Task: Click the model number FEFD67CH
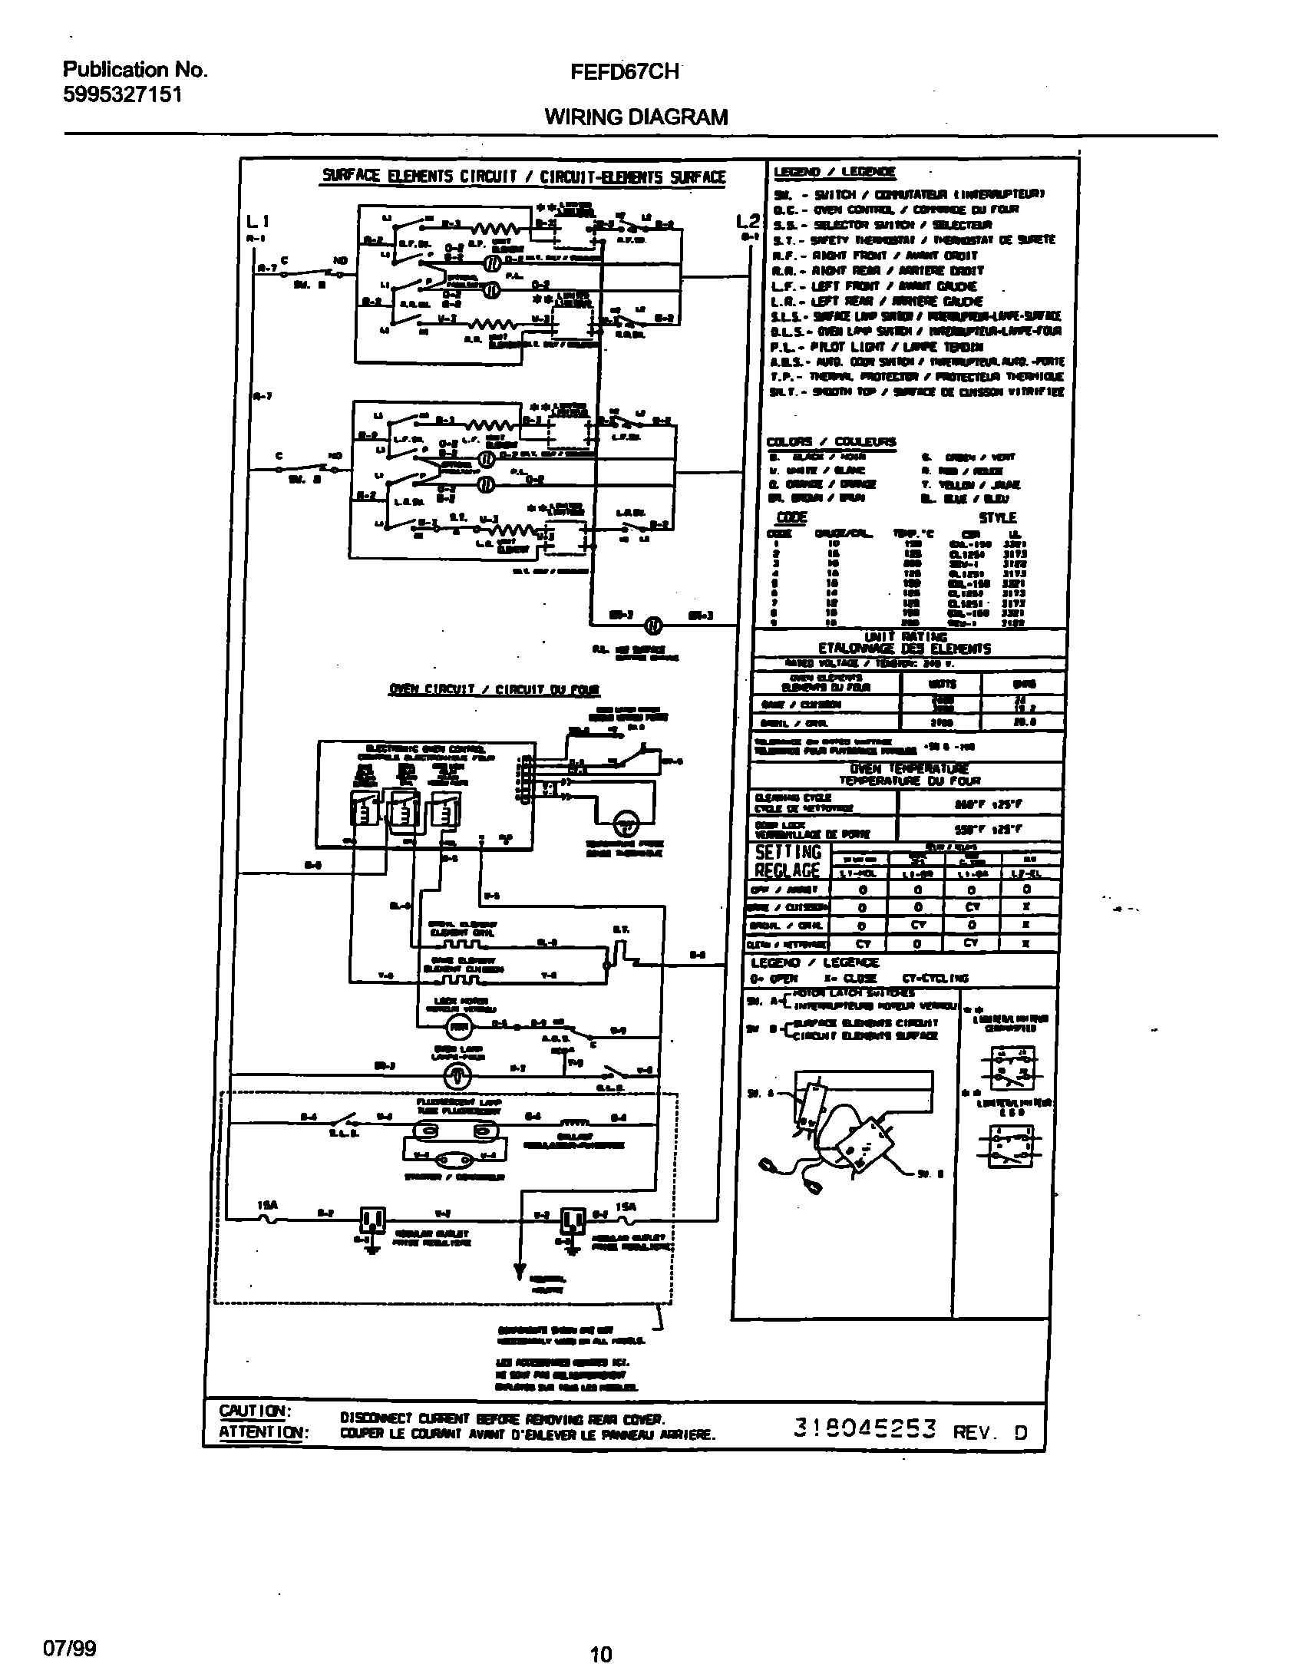pos(624,72)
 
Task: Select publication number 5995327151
pos(122,95)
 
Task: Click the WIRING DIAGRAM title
pos(636,117)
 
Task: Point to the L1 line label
pos(257,223)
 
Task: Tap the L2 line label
pos(748,222)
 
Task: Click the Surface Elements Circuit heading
pos(523,177)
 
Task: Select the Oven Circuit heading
pos(494,689)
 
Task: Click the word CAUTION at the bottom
pos(254,1411)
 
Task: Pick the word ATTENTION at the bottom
pos(263,1432)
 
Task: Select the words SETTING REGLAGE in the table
pos(788,862)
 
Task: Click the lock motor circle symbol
pos(459,1026)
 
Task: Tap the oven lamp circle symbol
pos(458,1077)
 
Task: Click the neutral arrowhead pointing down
pos(520,1269)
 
